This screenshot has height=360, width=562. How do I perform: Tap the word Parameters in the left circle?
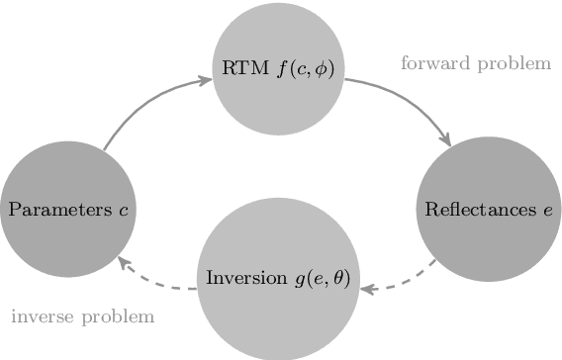point(55,210)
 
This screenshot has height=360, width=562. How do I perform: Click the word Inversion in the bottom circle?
point(240,278)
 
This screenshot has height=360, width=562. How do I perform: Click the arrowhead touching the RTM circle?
point(206,78)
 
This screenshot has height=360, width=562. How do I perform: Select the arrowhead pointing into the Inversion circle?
point(365,290)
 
